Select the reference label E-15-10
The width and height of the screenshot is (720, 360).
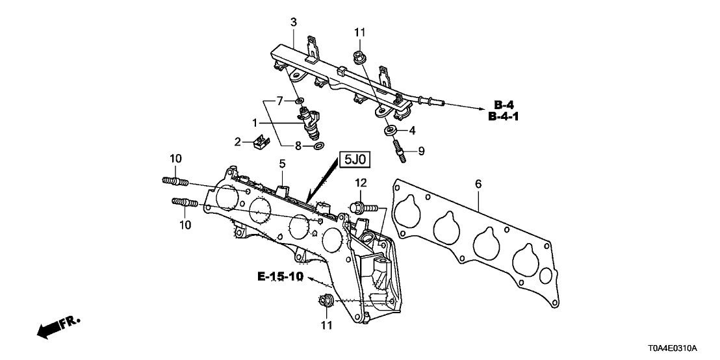(x=280, y=277)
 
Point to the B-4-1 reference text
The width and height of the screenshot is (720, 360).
(x=508, y=117)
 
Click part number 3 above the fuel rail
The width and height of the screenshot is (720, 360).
(x=293, y=23)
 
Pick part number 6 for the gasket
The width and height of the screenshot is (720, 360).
(x=478, y=185)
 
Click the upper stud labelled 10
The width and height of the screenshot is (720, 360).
(x=174, y=181)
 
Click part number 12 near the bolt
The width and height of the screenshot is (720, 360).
(x=361, y=184)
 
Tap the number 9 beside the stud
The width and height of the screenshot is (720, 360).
(x=421, y=151)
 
